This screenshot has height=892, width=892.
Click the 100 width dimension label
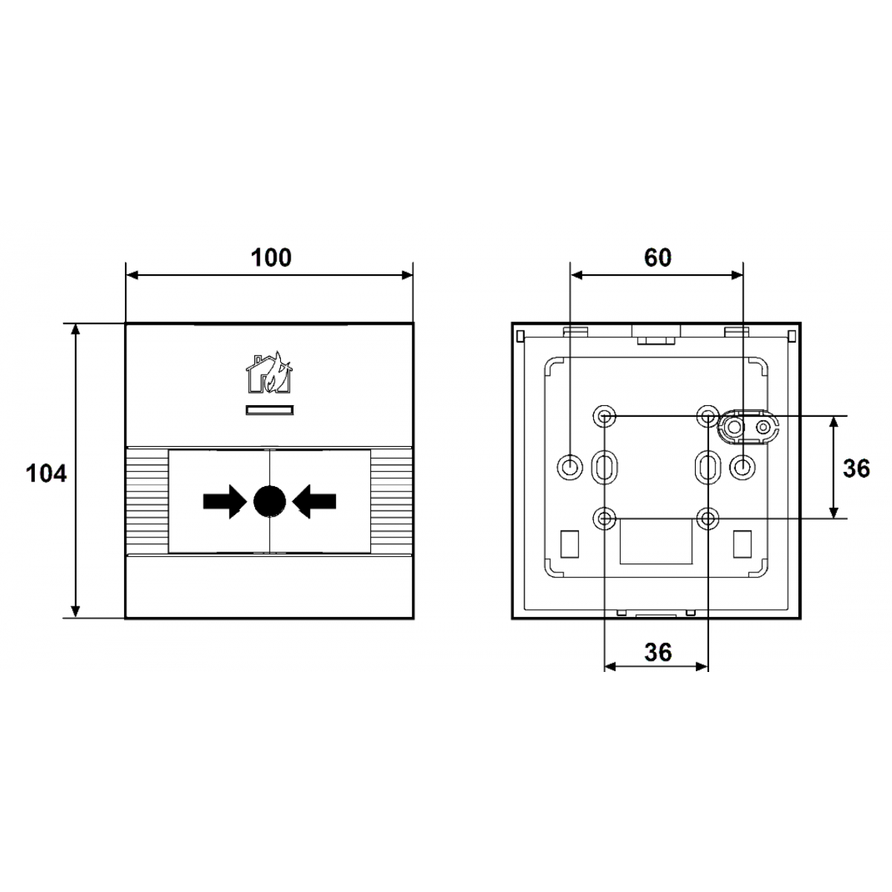coord(271,258)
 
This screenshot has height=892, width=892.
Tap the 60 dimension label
coord(657,258)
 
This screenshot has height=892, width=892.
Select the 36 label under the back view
coord(658,652)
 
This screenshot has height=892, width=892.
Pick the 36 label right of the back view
coord(856,468)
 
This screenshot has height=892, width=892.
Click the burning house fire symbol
coord(269,373)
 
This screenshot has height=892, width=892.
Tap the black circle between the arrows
coord(269,501)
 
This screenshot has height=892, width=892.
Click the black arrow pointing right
coord(224,501)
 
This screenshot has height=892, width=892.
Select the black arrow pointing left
coord(314,501)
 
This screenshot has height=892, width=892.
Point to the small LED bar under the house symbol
coord(269,410)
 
